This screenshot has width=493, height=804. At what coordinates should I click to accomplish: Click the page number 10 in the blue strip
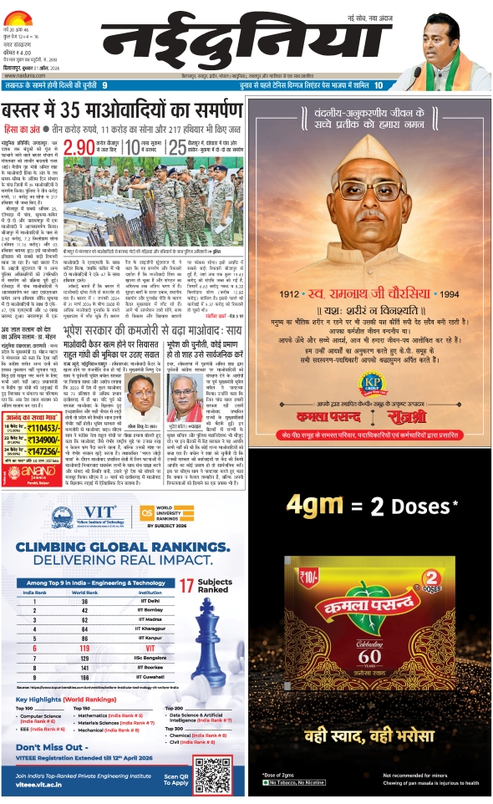[379, 85]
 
